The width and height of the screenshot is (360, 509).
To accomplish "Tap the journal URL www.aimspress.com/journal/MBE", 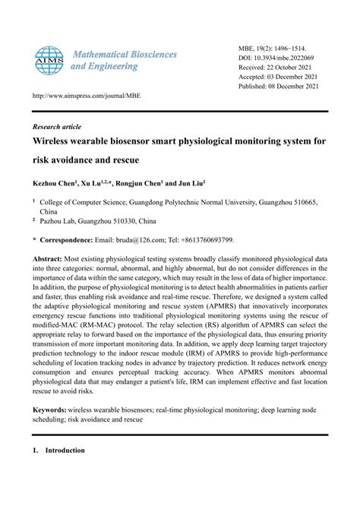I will (86, 96).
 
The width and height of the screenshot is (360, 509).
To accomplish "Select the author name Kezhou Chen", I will (58, 184).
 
